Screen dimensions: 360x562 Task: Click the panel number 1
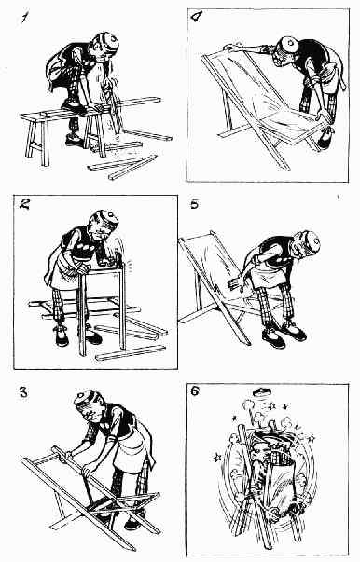click(24, 17)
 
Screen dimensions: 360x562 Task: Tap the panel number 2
click(25, 204)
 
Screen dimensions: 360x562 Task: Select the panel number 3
click(23, 392)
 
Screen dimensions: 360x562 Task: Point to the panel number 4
click(196, 18)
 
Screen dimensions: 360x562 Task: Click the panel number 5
click(194, 204)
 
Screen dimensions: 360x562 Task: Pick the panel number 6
click(195, 391)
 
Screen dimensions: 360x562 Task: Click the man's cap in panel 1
click(108, 41)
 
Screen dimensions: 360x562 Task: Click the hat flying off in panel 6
click(262, 392)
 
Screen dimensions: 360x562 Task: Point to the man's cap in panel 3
click(85, 397)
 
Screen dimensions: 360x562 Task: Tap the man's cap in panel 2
click(107, 218)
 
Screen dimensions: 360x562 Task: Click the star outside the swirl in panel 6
click(216, 457)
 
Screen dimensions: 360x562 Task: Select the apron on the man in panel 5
click(264, 274)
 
